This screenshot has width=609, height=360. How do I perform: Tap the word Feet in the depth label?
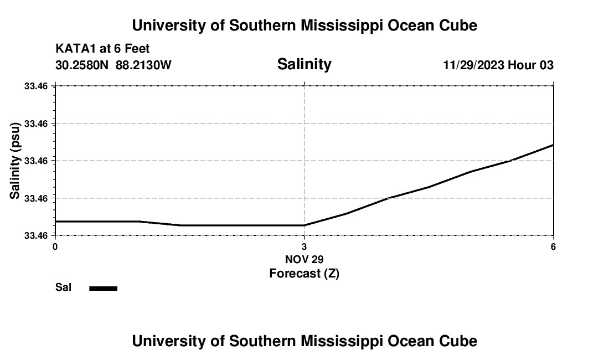coord(137,49)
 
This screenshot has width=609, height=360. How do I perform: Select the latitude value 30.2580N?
coord(83,65)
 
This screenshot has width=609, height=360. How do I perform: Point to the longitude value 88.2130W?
coord(144,65)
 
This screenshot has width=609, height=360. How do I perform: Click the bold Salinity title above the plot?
coord(304,64)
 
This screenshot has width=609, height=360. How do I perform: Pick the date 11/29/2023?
coord(473,65)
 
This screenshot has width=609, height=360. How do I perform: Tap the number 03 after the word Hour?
coord(545,65)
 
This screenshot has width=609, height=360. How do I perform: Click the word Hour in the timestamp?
coord(522,65)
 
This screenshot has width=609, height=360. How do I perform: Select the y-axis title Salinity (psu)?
coord(15,161)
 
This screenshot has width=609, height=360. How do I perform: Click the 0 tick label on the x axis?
coord(55,246)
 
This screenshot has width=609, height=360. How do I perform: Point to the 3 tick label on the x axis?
coord(304,246)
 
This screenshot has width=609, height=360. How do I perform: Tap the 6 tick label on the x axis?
coord(554,246)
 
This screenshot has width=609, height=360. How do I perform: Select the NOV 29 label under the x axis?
coord(304,259)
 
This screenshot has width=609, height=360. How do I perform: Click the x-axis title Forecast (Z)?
coord(304,273)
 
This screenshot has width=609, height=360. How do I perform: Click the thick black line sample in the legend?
coord(103,288)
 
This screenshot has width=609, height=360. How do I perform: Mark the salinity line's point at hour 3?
coord(304,225)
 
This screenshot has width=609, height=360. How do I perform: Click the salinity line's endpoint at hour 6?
coord(553,145)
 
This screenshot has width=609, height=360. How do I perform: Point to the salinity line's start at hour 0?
coord(55,222)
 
